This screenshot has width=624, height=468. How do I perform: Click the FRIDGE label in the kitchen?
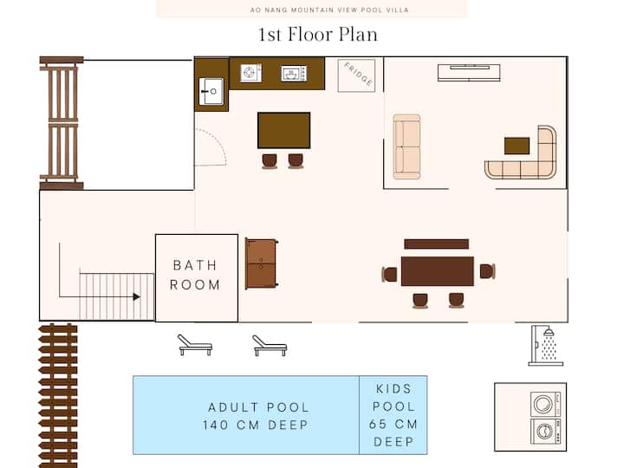click(x=358, y=74)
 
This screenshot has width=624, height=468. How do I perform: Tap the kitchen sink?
click(x=211, y=91)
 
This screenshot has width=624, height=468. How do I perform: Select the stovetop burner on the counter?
click(x=250, y=73)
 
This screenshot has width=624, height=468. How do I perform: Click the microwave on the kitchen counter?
click(x=294, y=74)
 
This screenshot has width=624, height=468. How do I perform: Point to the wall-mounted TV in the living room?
click(x=469, y=73)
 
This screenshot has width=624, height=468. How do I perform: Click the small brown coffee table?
click(x=517, y=146)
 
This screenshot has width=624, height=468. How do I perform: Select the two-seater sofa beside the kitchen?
click(x=406, y=146)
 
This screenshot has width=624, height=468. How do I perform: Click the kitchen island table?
click(x=283, y=130)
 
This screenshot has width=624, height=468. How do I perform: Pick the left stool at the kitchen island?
click(x=270, y=161)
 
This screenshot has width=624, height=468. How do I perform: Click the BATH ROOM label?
click(x=195, y=275)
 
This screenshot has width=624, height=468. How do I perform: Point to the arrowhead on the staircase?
click(x=137, y=297)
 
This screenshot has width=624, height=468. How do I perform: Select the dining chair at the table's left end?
click(x=390, y=274)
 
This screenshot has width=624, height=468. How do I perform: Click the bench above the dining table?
click(x=437, y=244)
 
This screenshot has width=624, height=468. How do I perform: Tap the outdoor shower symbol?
click(x=545, y=346)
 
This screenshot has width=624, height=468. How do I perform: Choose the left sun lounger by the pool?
click(x=195, y=345)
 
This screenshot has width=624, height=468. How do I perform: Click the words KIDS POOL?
click(x=393, y=398)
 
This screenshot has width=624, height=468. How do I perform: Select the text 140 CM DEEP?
click(x=256, y=425)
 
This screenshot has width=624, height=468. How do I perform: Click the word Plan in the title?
click(x=358, y=35)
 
